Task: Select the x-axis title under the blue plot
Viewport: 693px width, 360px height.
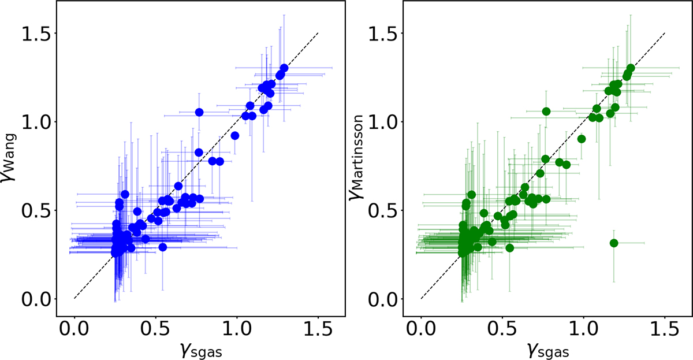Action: pyautogui.click(x=201, y=349)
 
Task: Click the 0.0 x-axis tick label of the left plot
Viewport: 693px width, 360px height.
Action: pyautogui.click(x=74, y=330)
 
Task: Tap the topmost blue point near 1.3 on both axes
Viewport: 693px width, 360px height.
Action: pyautogui.click(x=284, y=68)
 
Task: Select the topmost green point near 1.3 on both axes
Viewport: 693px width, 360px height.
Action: pyautogui.click(x=631, y=68)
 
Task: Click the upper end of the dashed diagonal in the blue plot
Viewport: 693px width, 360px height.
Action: pyautogui.click(x=318, y=34)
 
